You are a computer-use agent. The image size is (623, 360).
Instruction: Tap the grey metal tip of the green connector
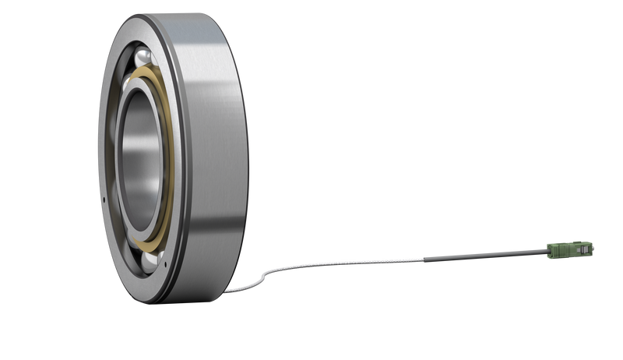[594, 247]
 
